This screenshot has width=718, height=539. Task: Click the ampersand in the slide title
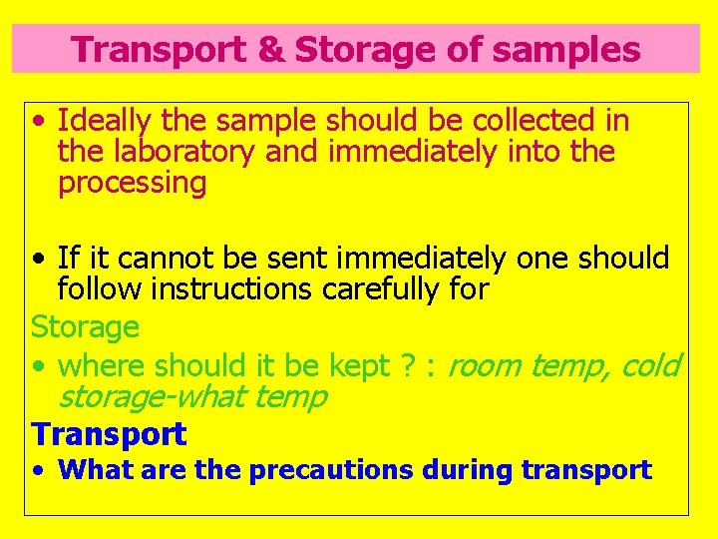[270, 49]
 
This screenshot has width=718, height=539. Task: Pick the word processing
[132, 184]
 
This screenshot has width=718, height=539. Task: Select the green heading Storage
[85, 326]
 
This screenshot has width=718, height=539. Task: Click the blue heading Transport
[109, 434]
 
